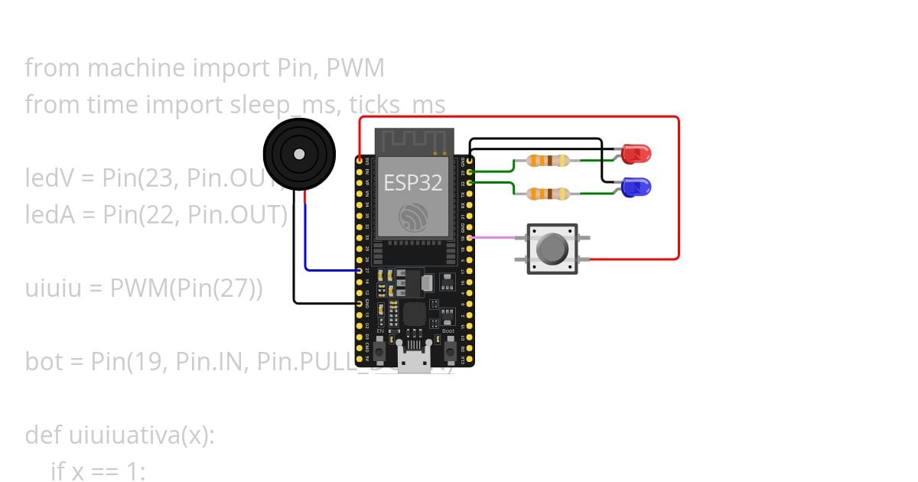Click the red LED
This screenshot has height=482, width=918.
click(x=634, y=155)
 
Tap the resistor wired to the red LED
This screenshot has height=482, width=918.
click(x=548, y=161)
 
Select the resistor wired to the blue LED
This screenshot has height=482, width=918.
click(x=548, y=194)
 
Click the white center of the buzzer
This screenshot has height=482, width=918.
click(x=299, y=155)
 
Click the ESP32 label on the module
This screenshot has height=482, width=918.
click(x=413, y=183)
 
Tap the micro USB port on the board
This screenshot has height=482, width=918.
click(x=414, y=359)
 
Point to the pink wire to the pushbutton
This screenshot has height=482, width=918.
click(x=497, y=238)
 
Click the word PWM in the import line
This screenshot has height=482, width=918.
click(x=355, y=68)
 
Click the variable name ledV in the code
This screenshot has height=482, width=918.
click(x=49, y=178)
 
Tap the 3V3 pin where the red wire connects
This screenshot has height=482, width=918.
click(x=360, y=161)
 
